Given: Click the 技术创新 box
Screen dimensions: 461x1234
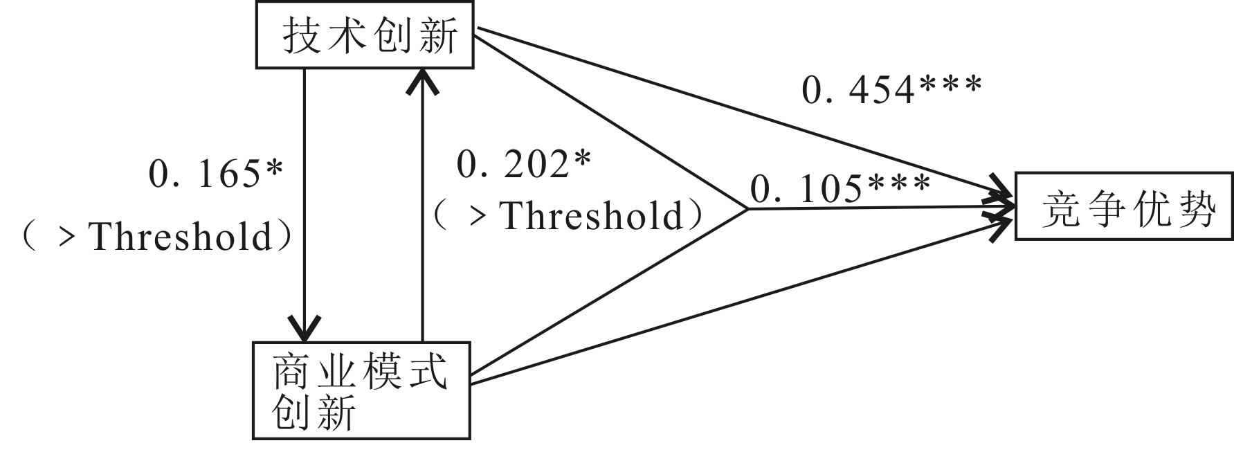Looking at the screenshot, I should [365, 34].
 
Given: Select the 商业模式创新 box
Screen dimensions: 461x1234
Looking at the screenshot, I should [361, 390].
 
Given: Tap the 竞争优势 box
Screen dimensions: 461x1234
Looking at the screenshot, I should [1124, 207].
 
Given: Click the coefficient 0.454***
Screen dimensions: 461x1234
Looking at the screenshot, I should [891, 89].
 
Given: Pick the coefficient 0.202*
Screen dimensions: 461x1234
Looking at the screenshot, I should [524, 165].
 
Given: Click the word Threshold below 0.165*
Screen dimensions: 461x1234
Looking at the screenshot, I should [182, 237].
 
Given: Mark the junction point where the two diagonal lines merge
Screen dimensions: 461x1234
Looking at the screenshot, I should [747, 208].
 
